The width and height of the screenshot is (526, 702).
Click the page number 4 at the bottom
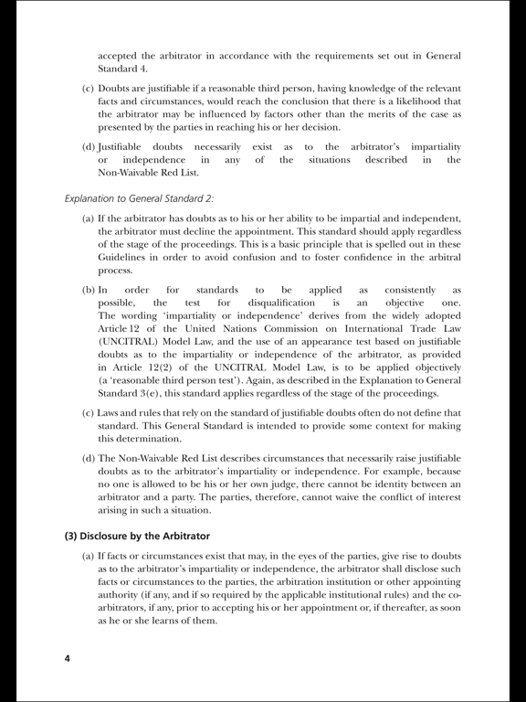[x=67, y=658]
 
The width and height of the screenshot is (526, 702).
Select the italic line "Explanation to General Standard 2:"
[x=139, y=198]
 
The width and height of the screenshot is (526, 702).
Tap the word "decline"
[x=226, y=232]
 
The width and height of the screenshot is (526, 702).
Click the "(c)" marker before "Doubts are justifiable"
[x=89, y=87]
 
